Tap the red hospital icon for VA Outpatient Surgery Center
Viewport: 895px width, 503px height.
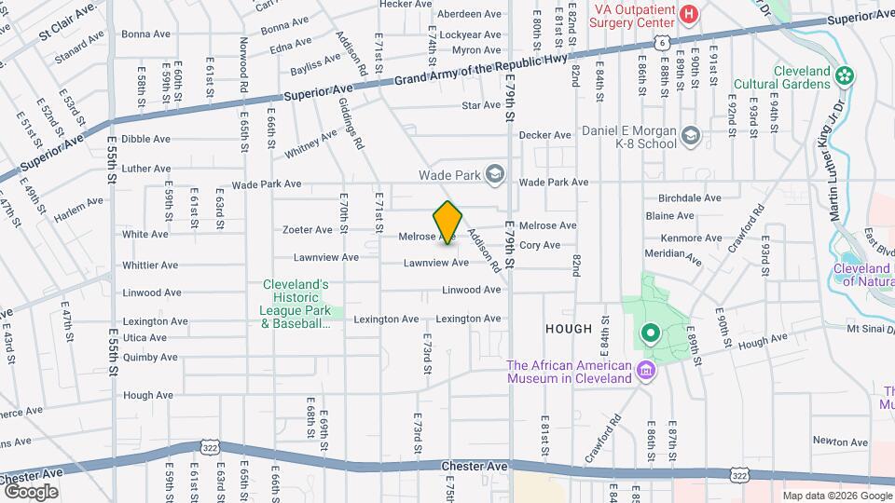pyautogui.click(x=688, y=14)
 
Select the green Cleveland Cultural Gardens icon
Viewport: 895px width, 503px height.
pyautogui.click(x=846, y=75)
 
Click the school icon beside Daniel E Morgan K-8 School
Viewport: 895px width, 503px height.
pyautogui.click(x=690, y=137)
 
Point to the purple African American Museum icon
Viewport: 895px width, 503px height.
pyautogui.click(x=644, y=372)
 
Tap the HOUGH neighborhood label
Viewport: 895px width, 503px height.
pyautogui.click(x=568, y=329)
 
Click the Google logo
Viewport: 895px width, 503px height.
pyautogui.click(x=31, y=491)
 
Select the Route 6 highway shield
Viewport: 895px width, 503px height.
pyautogui.click(x=660, y=42)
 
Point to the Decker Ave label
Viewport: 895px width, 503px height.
pyautogui.click(x=544, y=135)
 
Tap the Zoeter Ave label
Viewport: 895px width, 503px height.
pyautogui.click(x=308, y=229)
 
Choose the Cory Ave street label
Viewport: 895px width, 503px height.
pyautogui.click(x=540, y=245)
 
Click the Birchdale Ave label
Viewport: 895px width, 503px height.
pyautogui.click(x=690, y=197)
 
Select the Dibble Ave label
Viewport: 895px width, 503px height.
pyautogui.click(x=146, y=139)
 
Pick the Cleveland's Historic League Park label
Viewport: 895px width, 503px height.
pyautogui.click(x=295, y=304)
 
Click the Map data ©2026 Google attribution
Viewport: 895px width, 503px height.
pyautogui.click(x=835, y=496)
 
